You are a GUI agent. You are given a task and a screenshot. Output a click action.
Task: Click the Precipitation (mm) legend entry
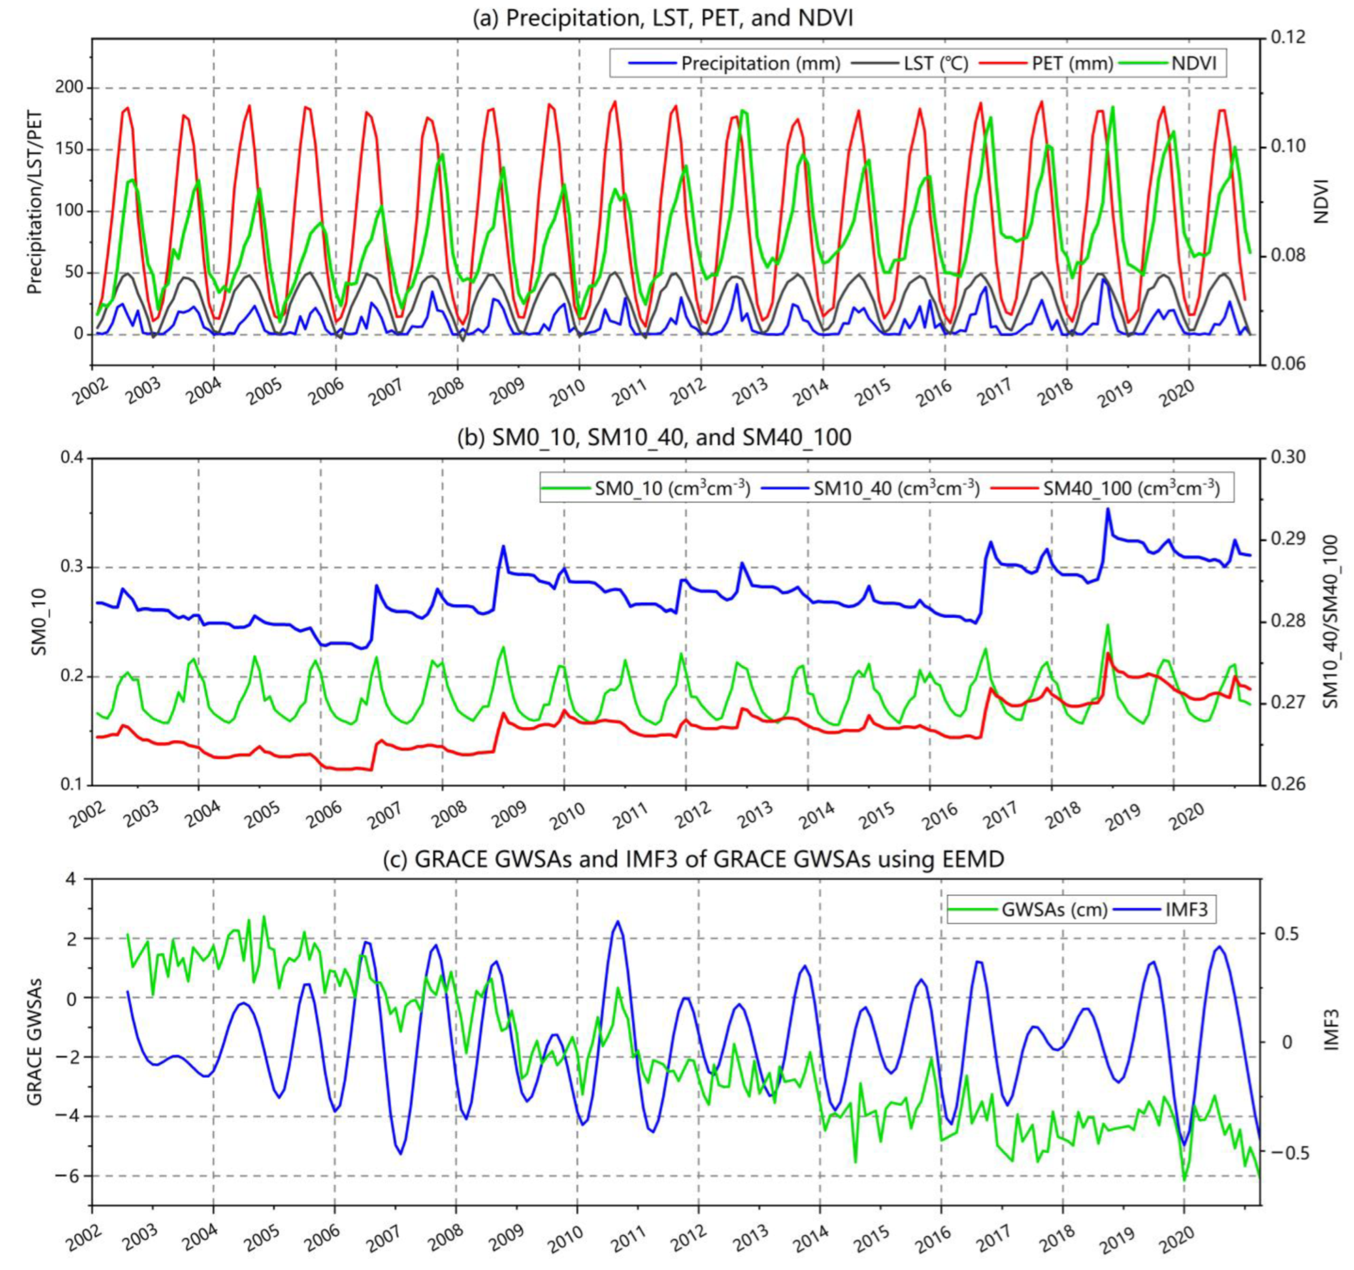[x=759, y=63]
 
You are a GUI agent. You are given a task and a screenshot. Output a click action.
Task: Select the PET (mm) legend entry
[x=1072, y=63]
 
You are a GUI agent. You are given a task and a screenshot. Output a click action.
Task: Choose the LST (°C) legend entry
[x=935, y=63]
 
